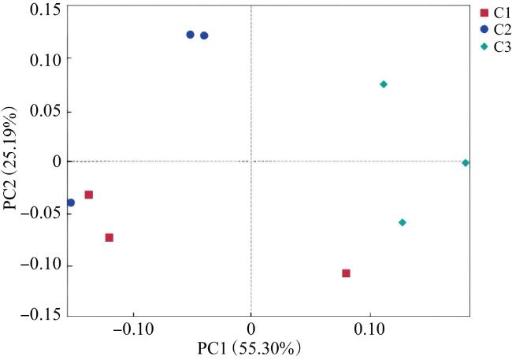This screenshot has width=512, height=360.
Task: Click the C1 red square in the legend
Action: pyautogui.click(x=484, y=13)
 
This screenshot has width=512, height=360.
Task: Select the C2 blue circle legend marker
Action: pyautogui.click(x=484, y=29)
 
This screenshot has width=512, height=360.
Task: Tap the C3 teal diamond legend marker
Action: pyautogui.click(x=484, y=46)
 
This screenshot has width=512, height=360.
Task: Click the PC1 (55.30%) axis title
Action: pyautogui.click(x=249, y=348)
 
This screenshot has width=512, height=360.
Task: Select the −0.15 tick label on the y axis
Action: pyautogui.click(x=42, y=314)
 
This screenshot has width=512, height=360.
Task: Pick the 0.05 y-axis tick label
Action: pyautogui.click(x=46, y=111)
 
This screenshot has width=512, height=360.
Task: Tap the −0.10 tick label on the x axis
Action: pyautogui.click(x=133, y=329)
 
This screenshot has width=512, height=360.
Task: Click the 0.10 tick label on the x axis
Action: pyautogui.click(x=369, y=329)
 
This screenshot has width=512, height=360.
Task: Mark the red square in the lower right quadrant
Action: pyautogui.click(x=346, y=273)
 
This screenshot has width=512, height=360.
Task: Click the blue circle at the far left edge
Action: pyautogui.click(x=71, y=202)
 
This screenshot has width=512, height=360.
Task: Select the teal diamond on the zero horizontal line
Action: pyautogui.click(x=466, y=163)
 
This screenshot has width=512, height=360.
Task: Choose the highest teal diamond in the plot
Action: pyautogui.click(x=384, y=84)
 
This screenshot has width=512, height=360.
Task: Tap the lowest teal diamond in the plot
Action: pyautogui.click(x=403, y=222)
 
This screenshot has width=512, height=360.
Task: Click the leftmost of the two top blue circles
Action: pyautogui.click(x=190, y=35)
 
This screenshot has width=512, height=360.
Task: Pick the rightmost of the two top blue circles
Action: pyautogui.click(x=204, y=35)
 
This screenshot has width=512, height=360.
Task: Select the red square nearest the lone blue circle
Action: pyautogui.click(x=88, y=195)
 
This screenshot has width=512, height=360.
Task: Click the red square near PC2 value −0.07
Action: pyautogui.click(x=109, y=237)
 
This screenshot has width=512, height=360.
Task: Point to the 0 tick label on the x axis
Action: pyautogui.click(x=250, y=329)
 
